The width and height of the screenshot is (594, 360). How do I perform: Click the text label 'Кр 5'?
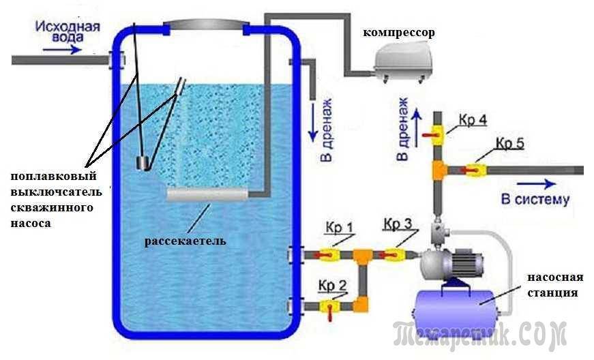(x=509, y=144)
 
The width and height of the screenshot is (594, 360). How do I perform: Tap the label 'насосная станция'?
(x=554, y=285)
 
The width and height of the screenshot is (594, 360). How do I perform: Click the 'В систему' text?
(x=535, y=200)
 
